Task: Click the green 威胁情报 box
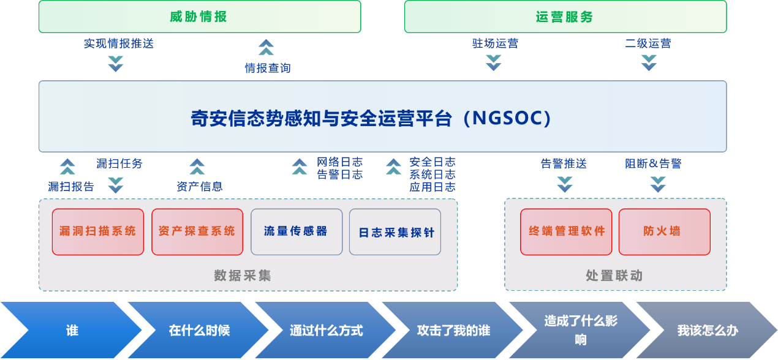click(200, 17)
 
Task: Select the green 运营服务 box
click(565, 17)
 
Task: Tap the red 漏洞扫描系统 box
click(98, 232)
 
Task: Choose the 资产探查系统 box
click(197, 232)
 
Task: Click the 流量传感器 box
click(296, 232)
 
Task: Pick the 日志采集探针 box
click(395, 232)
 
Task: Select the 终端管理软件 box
click(566, 232)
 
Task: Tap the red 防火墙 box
click(665, 232)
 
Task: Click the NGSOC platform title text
click(371, 118)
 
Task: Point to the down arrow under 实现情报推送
click(116, 64)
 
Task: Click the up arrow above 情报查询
click(266, 47)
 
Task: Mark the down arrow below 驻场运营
click(494, 63)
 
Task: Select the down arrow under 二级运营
click(649, 63)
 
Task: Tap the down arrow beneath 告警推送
click(565, 184)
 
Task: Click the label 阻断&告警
click(653, 163)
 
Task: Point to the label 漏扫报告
click(71, 186)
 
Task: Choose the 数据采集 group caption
click(243, 276)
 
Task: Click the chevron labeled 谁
click(71, 330)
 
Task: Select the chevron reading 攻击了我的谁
click(453, 330)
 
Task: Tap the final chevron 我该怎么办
click(707, 330)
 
